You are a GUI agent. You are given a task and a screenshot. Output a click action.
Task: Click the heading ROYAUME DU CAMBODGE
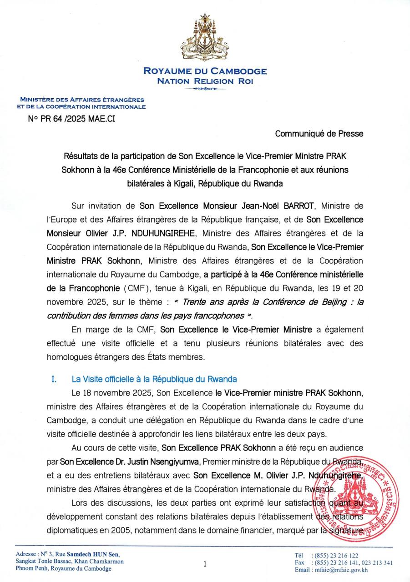coord(205,71)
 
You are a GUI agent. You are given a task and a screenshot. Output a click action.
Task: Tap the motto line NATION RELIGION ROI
coord(205,81)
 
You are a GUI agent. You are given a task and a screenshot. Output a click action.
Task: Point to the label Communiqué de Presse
coord(319,133)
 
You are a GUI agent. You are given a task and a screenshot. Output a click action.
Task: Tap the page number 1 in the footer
coord(205,564)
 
